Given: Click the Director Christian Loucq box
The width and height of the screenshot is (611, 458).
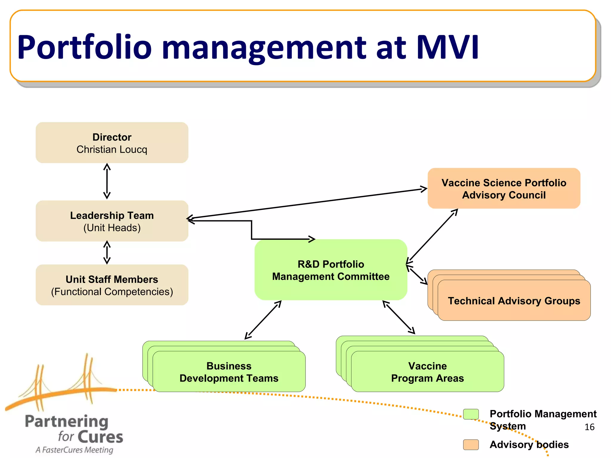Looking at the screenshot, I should [112, 143].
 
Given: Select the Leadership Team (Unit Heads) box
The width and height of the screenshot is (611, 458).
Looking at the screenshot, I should [112, 221].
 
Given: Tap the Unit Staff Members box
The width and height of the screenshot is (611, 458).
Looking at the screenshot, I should [112, 285].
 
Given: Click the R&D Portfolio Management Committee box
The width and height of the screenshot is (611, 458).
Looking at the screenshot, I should [331, 270].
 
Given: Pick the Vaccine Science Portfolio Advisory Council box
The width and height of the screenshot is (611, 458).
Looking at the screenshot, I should [504, 188].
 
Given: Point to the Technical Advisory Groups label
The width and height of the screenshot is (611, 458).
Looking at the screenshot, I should [514, 301].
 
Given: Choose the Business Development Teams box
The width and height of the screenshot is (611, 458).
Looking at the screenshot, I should [229, 372].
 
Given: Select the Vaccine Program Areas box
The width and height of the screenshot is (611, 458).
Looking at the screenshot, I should [427, 372].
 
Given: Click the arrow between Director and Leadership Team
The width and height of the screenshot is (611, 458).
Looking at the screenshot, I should [107, 181].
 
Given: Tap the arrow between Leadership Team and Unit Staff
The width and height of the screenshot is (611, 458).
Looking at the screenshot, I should [107, 253].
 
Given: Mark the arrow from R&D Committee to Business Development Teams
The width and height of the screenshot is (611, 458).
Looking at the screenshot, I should [263, 320].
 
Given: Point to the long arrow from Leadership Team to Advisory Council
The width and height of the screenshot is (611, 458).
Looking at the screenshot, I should [307, 203].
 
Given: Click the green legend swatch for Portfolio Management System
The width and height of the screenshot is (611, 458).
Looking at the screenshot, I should [471, 414].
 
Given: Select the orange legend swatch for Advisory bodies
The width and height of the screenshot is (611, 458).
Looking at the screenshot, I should [471, 445].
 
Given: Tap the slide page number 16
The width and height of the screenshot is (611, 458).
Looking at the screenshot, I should [589, 427].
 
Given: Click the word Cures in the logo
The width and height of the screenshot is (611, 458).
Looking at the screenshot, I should [101, 437].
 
